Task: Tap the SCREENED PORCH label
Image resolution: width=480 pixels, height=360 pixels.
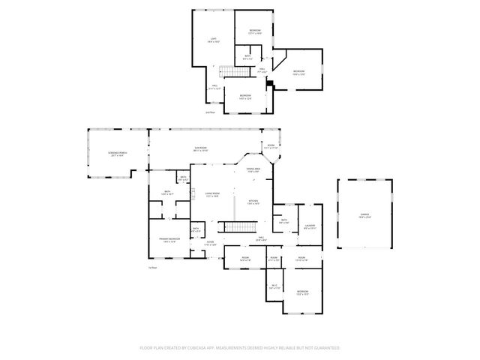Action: (117, 154)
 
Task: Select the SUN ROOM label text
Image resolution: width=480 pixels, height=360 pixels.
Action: (200, 148)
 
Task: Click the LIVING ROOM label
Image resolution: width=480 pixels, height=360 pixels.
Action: (212, 193)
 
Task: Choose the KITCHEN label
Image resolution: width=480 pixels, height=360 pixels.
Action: (253, 200)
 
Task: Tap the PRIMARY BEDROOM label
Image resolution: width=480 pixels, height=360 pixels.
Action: (168, 238)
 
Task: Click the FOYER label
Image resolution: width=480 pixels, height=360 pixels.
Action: (211, 242)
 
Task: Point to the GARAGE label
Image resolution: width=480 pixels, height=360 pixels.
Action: (364, 215)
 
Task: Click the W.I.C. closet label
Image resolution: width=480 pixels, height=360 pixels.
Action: (274, 285)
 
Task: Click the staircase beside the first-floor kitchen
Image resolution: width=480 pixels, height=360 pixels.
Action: (240, 226)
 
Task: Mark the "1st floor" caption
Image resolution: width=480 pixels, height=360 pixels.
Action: (152, 268)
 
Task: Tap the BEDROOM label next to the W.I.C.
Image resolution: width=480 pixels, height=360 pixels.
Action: (302, 291)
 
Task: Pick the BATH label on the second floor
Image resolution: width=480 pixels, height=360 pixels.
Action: (248, 55)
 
